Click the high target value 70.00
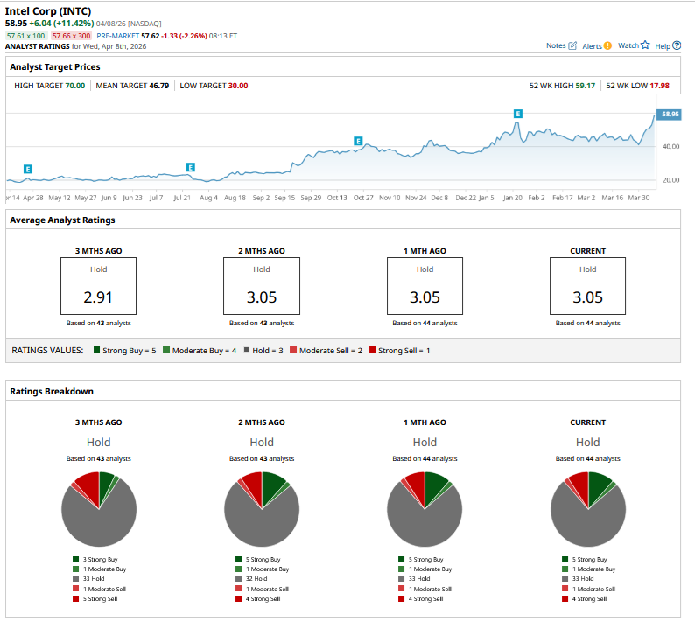coord(75,86)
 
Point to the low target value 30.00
coord(238,86)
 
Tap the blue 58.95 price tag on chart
coord(670,114)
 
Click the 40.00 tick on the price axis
coord(670,146)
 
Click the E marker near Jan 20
coord(518,114)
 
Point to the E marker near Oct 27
coord(358,141)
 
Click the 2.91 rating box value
coord(97,297)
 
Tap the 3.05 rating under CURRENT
coord(587,297)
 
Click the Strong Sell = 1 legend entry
coord(404,350)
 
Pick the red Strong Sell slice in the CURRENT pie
coord(578,482)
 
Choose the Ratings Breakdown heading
coord(52,391)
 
